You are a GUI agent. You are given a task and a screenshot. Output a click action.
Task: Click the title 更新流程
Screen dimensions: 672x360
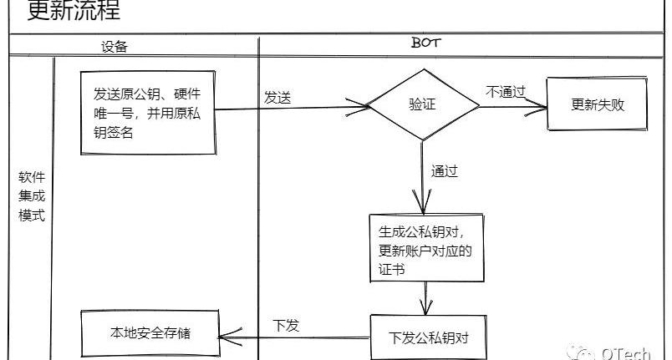coord(74,9)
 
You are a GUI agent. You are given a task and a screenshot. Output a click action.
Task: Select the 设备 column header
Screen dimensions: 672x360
coord(115,47)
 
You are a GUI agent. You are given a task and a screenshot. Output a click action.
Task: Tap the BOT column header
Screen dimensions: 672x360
coord(425,43)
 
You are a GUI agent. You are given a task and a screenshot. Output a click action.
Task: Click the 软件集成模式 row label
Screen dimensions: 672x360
coord(32,196)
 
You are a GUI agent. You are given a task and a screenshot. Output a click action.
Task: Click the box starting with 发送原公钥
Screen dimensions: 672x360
coord(148,113)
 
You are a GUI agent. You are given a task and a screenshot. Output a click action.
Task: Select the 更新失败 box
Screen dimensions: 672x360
coord(598,104)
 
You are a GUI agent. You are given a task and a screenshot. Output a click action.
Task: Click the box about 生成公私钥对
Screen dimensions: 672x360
coord(427,248)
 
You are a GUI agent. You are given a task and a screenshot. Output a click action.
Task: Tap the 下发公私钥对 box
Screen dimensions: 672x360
coord(428,337)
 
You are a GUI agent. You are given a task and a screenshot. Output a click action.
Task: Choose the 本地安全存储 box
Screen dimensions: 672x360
coord(150,333)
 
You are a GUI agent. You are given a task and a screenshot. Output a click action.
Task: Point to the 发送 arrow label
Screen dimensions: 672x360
coord(277,98)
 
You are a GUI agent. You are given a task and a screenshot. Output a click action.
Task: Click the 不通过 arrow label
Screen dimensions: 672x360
coord(506,92)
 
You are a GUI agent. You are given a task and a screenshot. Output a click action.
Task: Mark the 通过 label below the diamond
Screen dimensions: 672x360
coord(445,171)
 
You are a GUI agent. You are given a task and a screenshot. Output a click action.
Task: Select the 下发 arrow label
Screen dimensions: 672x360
coord(286,325)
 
